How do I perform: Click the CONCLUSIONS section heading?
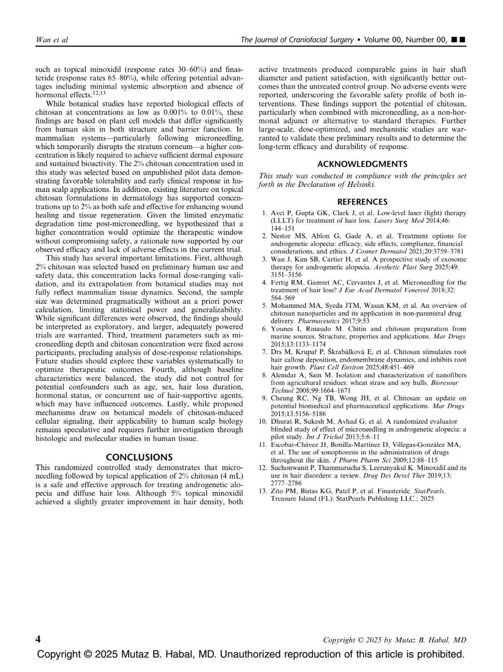[139, 457]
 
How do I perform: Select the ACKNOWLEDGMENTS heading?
[362, 164]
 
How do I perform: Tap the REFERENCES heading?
[362, 202]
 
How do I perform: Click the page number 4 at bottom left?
[38, 639]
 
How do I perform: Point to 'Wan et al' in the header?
[52, 40]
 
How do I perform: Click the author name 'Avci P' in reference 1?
[279, 213]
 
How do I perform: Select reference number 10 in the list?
[263, 421]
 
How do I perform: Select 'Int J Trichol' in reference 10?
[323, 437]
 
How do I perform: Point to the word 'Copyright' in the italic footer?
[338, 640]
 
